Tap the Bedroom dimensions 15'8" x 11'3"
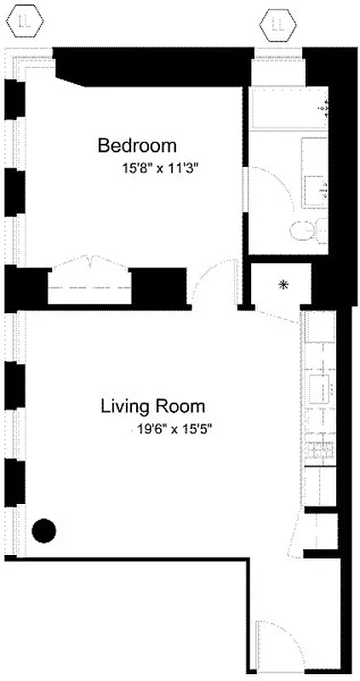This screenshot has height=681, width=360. pos(166,169)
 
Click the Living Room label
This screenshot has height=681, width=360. pos(152,406)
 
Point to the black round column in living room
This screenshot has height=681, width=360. pos(43,530)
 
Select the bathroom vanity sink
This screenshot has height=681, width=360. pos(319,189)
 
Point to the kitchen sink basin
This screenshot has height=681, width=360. pos(322,388)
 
